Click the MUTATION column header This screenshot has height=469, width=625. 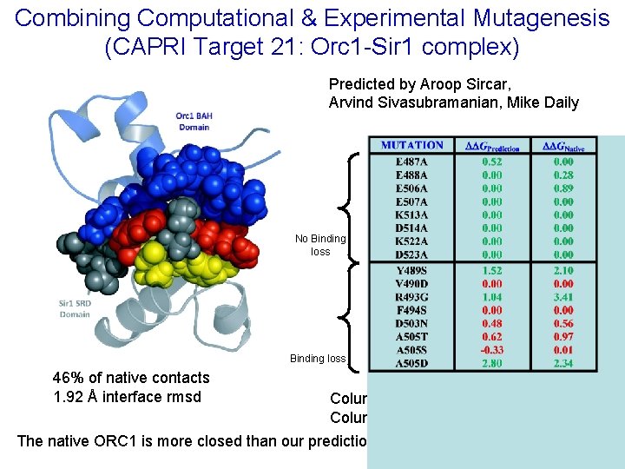coord(411,146)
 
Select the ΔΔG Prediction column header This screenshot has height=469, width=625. coord(492,147)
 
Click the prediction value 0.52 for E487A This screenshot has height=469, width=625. coord(492,162)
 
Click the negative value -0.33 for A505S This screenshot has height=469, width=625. coord(491,350)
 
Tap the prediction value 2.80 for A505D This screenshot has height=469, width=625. coord(492,363)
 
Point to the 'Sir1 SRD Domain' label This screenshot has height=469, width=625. coord(75,308)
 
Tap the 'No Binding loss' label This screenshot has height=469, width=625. coord(320,245)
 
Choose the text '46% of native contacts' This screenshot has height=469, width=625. coord(131,378)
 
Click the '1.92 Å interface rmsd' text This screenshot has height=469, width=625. coord(127,397)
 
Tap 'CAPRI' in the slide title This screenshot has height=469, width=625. coord(142,46)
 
